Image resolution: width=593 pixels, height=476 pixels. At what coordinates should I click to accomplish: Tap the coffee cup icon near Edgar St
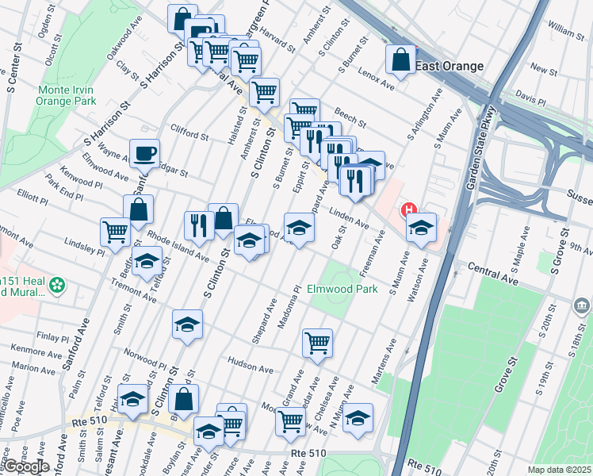coord(144,153)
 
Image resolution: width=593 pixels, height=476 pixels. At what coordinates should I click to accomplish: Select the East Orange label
coord(449,67)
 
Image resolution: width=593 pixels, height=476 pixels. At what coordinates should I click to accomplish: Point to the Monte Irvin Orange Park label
coord(67,95)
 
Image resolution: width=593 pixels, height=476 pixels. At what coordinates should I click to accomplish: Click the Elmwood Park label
coord(342,290)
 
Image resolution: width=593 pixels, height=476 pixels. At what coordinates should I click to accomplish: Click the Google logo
coord(26,466)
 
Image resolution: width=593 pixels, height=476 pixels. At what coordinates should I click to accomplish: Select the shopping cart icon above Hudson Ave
coord(317,343)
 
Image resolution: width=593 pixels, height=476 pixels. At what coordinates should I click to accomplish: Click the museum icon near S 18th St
coord(582,306)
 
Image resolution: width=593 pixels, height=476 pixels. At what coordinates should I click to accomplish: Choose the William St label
coord(564,31)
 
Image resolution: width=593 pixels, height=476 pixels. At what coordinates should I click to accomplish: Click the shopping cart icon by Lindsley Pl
coord(115,232)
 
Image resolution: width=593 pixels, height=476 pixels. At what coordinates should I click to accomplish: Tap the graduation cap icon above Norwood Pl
coord(187,324)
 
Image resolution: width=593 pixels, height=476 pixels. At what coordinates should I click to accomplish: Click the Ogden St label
coord(44,27)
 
